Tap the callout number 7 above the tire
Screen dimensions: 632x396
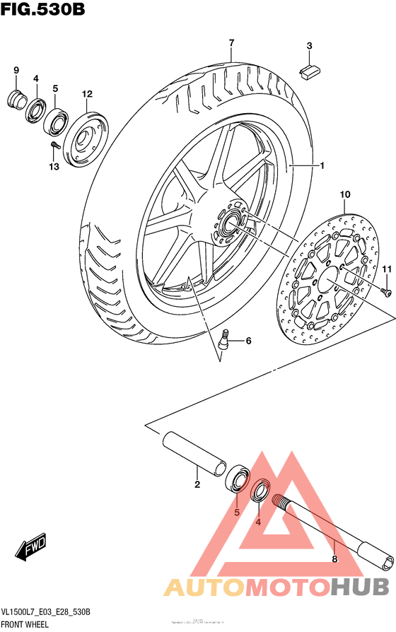tap(231, 44)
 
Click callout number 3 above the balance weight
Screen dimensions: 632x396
tap(309, 47)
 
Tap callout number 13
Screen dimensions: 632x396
tap(54, 167)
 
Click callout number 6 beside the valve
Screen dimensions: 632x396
tap(248, 341)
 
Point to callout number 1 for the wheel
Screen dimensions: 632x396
tap(321, 166)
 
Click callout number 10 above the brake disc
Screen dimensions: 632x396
tap(345, 194)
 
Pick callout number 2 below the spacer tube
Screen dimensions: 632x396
tap(197, 485)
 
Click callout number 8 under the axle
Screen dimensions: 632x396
tap(334, 559)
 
